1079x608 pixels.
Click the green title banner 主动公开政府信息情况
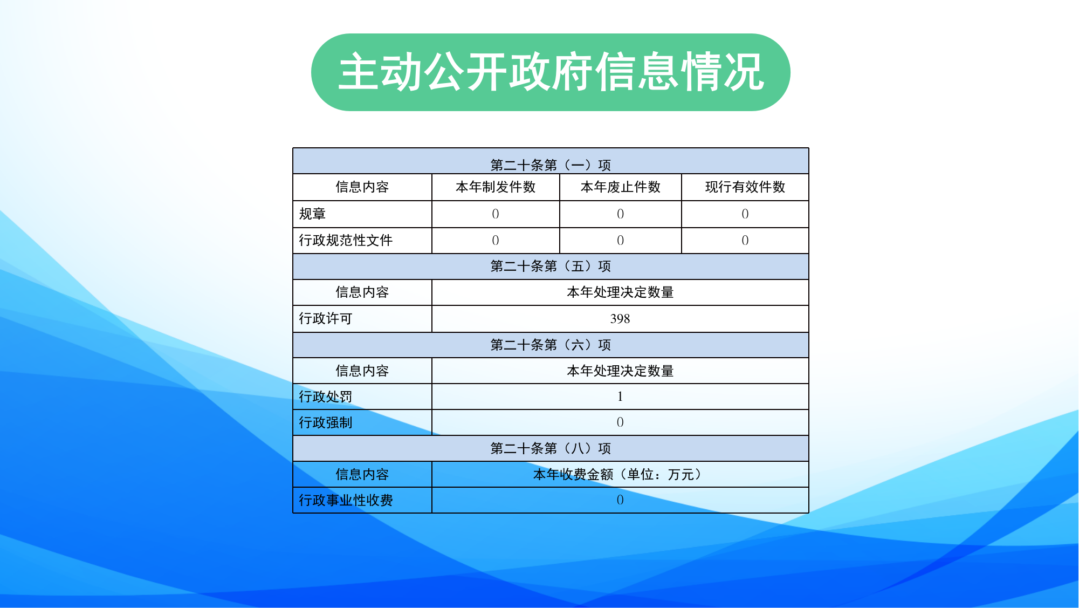(551, 72)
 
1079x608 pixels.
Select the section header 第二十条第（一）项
(551, 165)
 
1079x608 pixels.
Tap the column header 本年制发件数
(496, 187)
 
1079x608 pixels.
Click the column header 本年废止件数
(621, 187)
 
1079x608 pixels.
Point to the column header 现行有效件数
(745, 187)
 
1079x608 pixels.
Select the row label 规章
(312, 214)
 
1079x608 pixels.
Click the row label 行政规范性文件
(346, 240)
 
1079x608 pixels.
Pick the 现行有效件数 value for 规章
(745, 214)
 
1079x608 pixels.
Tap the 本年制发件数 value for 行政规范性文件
(496, 241)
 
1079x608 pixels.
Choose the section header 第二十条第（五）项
(551, 266)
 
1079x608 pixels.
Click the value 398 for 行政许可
(620, 319)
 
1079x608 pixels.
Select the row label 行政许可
(326, 318)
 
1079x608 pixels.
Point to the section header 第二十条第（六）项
(551, 345)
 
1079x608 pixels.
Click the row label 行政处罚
(326, 397)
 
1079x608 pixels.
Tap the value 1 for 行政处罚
(620, 397)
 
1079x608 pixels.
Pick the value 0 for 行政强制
(620, 422)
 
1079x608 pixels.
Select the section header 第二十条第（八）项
(551, 448)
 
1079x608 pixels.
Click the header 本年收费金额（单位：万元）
(620, 474)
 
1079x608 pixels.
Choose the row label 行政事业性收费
(346, 500)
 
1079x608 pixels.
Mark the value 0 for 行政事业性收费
(620, 500)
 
